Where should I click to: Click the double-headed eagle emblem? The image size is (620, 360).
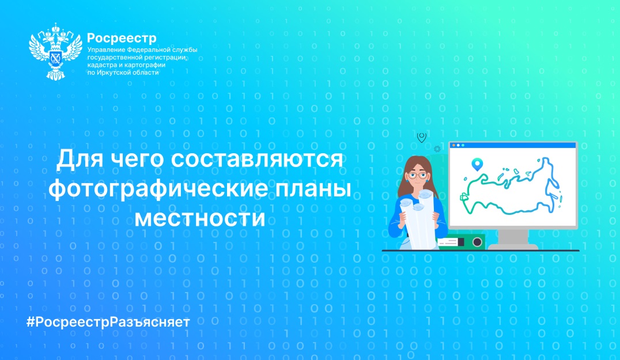tap(55, 51)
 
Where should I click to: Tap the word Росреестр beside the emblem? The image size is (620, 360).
tap(122, 39)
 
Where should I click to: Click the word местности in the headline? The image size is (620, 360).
tap(200, 218)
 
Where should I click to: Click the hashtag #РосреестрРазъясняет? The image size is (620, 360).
tap(108, 322)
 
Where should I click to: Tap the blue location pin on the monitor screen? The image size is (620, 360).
tap(477, 164)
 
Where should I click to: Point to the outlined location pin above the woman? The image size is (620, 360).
tap(422, 137)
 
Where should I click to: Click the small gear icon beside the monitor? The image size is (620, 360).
tap(437, 149)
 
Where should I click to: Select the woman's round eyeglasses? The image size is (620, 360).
tap(418, 176)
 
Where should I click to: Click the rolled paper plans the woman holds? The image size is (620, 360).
tap(418, 219)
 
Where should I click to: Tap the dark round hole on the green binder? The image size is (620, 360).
tap(477, 242)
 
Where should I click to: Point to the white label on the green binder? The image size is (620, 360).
tap(449, 242)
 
